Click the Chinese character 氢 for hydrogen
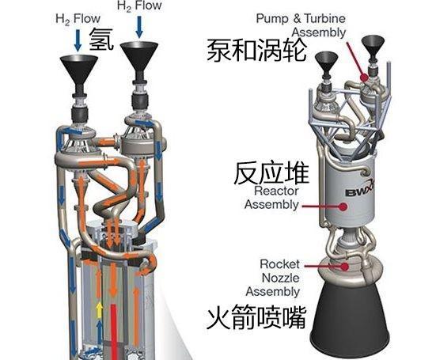pos(101,40)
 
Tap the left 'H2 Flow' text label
pos(78,19)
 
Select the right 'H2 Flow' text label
pos(139,6)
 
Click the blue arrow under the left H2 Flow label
pos(78,40)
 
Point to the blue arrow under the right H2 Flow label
pos(139,27)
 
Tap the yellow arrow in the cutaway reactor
pos(99,311)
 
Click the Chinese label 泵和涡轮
pos(256,51)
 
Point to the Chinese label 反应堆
pos(271,174)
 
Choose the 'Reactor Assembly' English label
pos(272,198)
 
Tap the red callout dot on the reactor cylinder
pos(343,207)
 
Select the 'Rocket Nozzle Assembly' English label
pos(272,278)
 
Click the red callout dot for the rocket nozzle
pos(345,267)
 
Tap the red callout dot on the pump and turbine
pos(365,78)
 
